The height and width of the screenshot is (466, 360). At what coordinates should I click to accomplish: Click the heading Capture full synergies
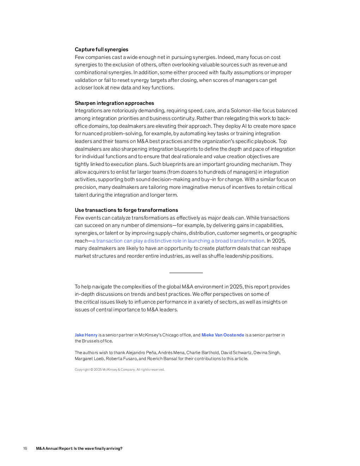pos(101,49)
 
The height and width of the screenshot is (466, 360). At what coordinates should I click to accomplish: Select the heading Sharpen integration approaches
pos(114,103)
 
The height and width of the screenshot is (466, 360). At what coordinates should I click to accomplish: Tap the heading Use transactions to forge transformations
pos(126,210)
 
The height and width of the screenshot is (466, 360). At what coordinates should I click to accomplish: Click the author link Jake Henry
pos(86,335)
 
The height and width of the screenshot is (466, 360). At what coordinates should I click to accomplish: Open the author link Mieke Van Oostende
pos(223,335)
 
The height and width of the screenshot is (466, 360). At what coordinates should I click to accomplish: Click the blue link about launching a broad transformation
pos(178,241)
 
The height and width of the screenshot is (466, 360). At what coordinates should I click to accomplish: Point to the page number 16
pos(25,449)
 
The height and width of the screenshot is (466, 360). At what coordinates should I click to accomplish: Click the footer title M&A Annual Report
pos(79,449)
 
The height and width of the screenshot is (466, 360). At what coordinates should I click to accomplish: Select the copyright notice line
pos(120,370)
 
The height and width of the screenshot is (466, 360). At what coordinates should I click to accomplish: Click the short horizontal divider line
pos(186,273)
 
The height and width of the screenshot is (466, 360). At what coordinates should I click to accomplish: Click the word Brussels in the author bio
pos(90,341)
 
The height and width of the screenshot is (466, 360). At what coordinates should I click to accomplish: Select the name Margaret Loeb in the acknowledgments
pos(89,359)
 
